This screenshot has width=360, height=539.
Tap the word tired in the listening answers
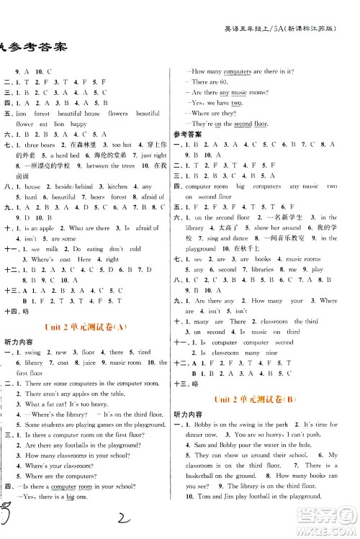click(x=144, y=353)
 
